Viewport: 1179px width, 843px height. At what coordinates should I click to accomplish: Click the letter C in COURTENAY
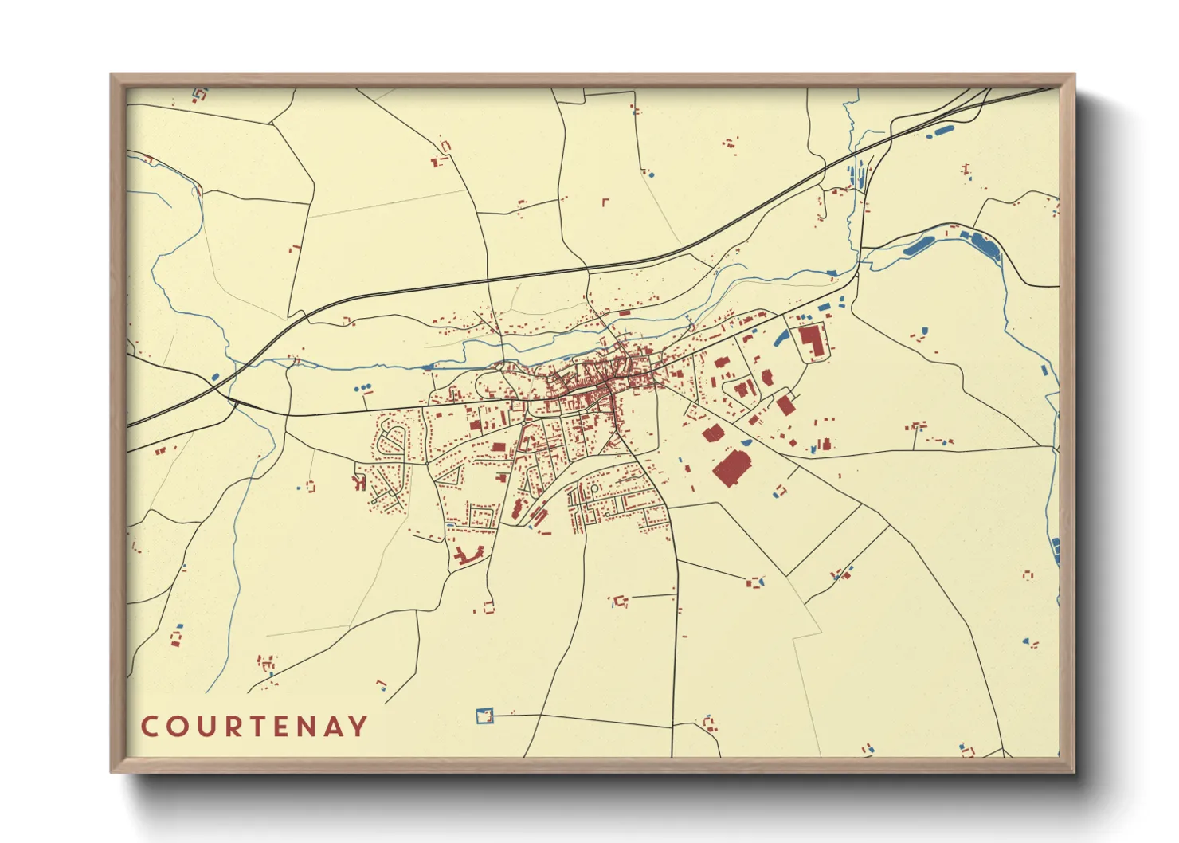point(149,727)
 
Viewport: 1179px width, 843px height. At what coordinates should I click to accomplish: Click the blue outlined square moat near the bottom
point(484,716)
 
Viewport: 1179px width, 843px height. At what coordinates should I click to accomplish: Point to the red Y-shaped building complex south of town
point(470,555)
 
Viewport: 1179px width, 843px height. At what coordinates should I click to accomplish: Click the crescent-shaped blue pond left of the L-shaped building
point(780,338)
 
